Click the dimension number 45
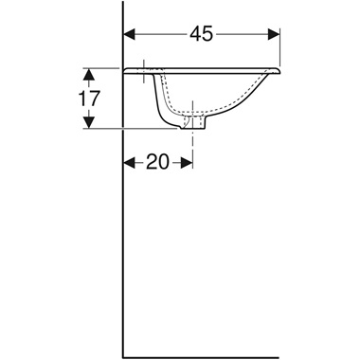coord(201,34)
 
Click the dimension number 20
coord(157,162)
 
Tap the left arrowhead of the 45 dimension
coord(131,34)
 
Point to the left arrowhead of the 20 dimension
coord(131,162)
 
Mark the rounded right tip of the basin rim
coord(280,70)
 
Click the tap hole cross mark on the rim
coord(143,68)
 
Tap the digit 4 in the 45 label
coord(194,34)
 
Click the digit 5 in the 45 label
coord(207,34)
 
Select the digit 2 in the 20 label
coord(151,162)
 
